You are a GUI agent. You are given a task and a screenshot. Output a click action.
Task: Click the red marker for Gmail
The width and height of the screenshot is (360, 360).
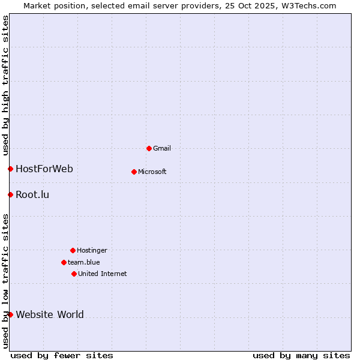(149, 148)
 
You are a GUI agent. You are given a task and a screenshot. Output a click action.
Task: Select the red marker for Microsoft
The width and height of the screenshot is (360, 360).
(134, 172)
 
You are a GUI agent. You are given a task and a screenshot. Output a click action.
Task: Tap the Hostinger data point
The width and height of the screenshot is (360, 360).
(73, 250)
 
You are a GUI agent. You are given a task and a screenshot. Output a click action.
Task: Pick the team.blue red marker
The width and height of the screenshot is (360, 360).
(64, 262)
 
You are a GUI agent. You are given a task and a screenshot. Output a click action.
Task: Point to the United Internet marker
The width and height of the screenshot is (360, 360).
(74, 274)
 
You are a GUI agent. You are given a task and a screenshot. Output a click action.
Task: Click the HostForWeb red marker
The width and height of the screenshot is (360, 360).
(10, 169)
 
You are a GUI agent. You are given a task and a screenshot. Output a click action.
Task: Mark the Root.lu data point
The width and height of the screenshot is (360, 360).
(10, 194)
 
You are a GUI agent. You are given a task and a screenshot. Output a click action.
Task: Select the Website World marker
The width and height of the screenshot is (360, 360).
(10, 314)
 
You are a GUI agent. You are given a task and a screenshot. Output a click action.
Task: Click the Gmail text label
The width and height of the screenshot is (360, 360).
(162, 148)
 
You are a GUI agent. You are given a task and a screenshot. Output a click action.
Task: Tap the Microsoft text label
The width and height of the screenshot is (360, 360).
(152, 172)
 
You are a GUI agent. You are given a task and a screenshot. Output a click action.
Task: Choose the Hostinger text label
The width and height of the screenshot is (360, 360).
(92, 250)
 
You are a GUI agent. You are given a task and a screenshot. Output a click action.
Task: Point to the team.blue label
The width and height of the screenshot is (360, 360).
(83, 262)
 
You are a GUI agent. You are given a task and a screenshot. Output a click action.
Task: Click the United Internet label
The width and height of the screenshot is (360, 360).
(102, 274)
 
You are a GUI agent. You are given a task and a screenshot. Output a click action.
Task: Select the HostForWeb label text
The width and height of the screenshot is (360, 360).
(44, 169)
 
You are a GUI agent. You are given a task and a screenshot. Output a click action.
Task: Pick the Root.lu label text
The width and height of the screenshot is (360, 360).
(32, 194)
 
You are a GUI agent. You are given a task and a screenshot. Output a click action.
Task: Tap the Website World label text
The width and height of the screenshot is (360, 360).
(50, 314)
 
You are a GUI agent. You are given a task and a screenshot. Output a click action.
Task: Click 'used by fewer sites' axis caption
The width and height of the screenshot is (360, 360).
(62, 355)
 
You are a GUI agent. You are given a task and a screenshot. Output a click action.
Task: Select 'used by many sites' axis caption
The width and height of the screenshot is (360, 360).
(301, 355)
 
